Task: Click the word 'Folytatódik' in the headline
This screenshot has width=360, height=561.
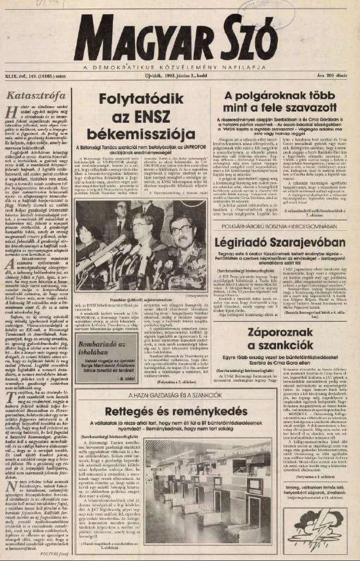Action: click(x=142, y=100)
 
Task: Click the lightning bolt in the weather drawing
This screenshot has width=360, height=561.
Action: click(x=318, y=525)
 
